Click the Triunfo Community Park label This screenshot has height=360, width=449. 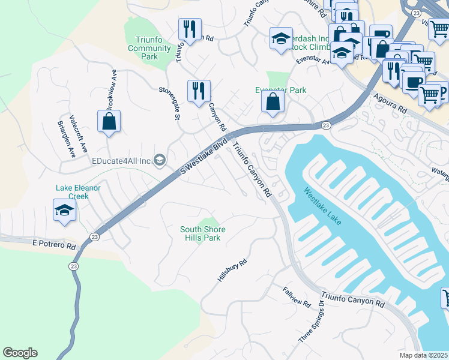(x=142, y=48)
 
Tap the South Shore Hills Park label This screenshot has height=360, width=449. (x=203, y=233)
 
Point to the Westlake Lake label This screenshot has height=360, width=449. (x=322, y=207)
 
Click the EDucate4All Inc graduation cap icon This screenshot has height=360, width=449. (x=159, y=160)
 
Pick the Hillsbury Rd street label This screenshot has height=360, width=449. (x=232, y=272)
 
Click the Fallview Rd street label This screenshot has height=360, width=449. (x=296, y=296)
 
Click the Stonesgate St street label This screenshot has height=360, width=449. (x=169, y=103)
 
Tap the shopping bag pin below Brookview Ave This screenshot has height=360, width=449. (x=109, y=122)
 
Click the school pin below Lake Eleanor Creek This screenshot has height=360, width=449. (x=64, y=211)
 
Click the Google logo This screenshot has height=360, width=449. (x=20, y=353)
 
